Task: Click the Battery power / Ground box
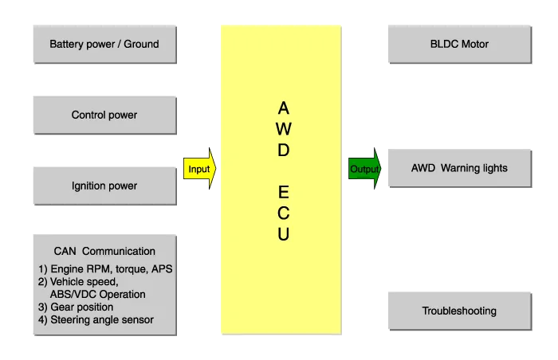(x=104, y=44)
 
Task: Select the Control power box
(x=104, y=115)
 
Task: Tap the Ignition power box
(x=104, y=186)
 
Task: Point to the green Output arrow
(x=365, y=169)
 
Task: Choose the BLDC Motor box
(x=458, y=44)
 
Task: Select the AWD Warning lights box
(x=458, y=168)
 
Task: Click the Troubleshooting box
(x=458, y=311)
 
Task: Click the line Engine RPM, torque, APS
(x=105, y=269)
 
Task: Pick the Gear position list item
(x=76, y=307)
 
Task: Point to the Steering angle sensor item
(x=96, y=320)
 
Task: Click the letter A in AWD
(x=284, y=107)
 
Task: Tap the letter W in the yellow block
(x=284, y=128)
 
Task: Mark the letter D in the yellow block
(x=284, y=150)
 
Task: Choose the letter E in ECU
(x=284, y=193)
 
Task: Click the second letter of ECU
(x=284, y=213)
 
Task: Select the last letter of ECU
(x=284, y=235)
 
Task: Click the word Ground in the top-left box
(x=141, y=44)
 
